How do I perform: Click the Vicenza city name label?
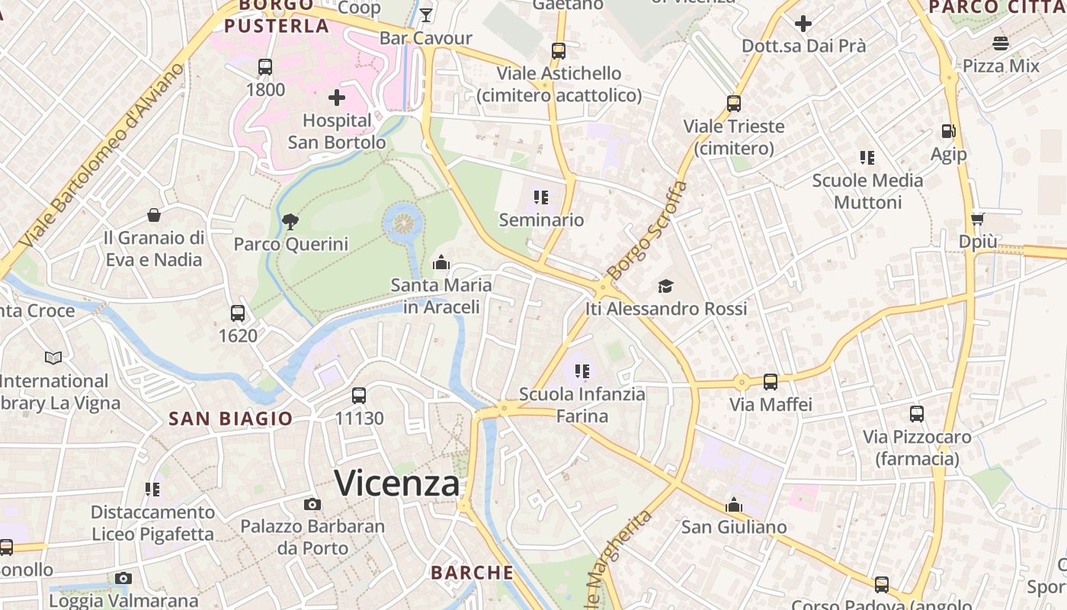click(x=397, y=483)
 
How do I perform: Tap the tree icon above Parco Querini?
click(x=290, y=222)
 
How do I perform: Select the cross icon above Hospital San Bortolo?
click(x=337, y=98)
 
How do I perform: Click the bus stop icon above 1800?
click(x=265, y=67)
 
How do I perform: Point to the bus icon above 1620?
click(x=238, y=313)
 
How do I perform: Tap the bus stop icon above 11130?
click(x=359, y=396)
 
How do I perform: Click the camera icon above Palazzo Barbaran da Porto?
click(x=312, y=504)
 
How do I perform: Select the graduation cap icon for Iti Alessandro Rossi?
click(x=666, y=287)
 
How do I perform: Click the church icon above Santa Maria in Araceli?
click(x=441, y=263)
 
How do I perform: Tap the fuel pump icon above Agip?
click(x=949, y=131)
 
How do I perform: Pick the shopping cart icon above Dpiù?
click(x=977, y=219)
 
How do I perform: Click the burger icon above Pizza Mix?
click(x=1001, y=43)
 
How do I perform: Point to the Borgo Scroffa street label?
click(x=647, y=230)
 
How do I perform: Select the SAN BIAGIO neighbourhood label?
click(x=231, y=419)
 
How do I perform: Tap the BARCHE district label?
click(x=473, y=573)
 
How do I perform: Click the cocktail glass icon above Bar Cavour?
click(x=426, y=15)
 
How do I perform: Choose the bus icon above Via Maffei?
click(x=771, y=381)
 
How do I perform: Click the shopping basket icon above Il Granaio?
click(x=154, y=216)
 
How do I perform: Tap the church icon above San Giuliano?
click(x=734, y=505)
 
